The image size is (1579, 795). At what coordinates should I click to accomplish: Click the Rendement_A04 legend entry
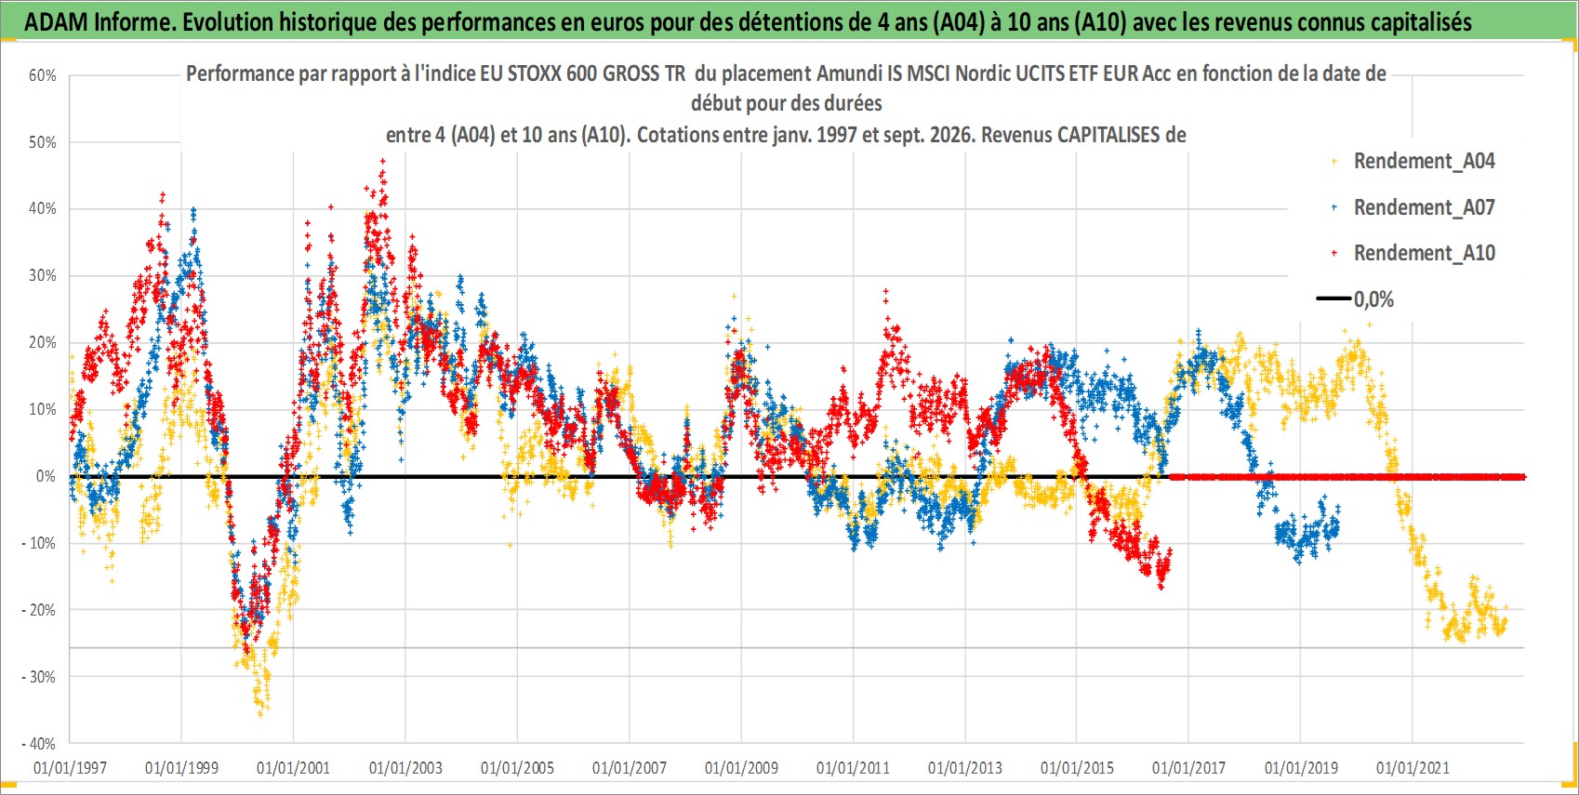click(x=1413, y=162)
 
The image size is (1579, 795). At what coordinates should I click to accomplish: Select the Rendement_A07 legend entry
click(x=1413, y=208)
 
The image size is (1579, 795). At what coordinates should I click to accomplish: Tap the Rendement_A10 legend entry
click(x=1413, y=253)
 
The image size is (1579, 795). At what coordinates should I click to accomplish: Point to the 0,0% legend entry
click(x=1355, y=299)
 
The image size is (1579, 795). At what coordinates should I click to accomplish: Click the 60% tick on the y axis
click(x=42, y=75)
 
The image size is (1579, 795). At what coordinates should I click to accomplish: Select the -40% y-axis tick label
click(x=39, y=744)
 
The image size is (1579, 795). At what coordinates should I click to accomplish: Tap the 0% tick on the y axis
click(x=46, y=476)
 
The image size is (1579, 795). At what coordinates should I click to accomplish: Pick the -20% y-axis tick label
click(x=39, y=610)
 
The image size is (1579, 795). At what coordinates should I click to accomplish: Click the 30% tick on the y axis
click(x=42, y=275)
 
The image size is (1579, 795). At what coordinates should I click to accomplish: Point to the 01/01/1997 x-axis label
click(x=70, y=767)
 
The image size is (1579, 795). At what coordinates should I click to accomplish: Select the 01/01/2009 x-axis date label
click(x=741, y=767)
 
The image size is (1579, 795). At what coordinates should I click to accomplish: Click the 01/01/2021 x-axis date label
click(x=1413, y=767)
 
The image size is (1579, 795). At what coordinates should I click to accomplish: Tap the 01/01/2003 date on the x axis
click(x=405, y=767)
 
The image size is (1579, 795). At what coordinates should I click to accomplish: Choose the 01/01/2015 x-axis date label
click(x=1077, y=767)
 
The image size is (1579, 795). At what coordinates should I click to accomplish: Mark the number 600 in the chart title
click(x=580, y=73)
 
